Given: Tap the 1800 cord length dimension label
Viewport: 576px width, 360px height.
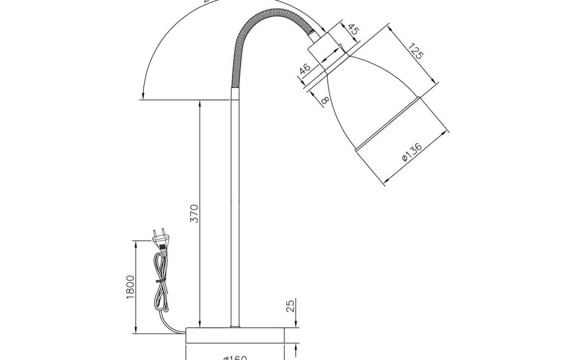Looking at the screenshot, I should [x=130, y=287].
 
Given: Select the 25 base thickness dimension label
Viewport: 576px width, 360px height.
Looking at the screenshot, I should [x=291, y=306].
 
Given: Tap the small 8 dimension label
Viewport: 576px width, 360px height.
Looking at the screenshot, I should [x=325, y=100].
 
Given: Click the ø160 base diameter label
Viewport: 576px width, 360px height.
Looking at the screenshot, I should [x=235, y=357].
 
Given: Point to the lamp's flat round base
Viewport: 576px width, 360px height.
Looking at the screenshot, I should [x=235, y=335].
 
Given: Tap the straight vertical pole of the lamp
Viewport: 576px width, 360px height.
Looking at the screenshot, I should [x=235, y=208].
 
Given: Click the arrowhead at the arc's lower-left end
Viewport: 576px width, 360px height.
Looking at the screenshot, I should [x=142, y=96].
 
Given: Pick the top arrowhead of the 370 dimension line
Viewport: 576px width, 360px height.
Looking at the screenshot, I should [x=199, y=103].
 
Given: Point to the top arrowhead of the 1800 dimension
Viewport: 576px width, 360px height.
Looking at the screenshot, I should [x=136, y=244].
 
